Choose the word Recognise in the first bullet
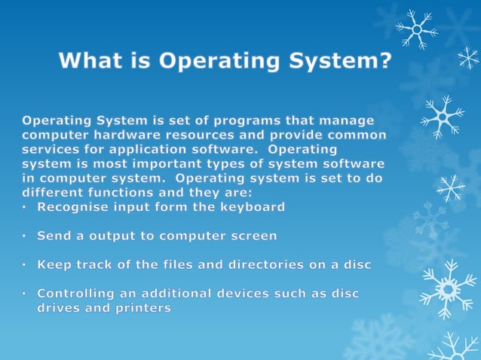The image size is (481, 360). pos(72,206)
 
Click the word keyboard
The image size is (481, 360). pos(252,206)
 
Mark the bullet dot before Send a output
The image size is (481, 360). pos(25,236)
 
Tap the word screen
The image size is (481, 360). pos(251,236)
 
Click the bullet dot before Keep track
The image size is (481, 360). pos(25,265)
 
